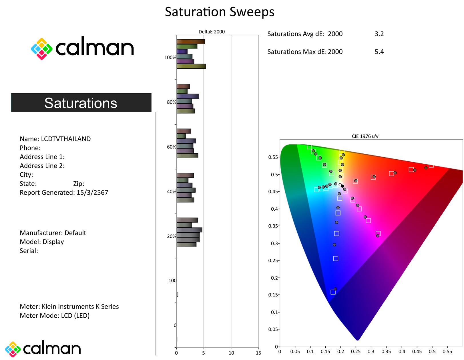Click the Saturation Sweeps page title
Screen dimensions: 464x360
[x=219, y=12]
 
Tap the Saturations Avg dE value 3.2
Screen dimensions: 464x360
[x=379, y=34]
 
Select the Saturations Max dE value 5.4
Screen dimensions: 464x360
[x=379, y=52]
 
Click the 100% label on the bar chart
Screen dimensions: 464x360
[x=170, y=58]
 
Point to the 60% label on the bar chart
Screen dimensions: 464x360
[x=171, y=147]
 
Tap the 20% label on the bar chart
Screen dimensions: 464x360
[x=171, y=236]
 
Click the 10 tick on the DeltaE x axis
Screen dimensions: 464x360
[x=231, y=353]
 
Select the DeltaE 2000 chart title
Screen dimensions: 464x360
[x=211, y=31]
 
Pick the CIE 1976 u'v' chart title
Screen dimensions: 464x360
[x=365, y=136]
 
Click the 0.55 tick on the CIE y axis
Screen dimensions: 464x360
[x=273, y=157]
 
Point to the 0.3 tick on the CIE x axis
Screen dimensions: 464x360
[x=371, y=351]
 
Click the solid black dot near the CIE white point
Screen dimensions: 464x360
[x=342, y=186]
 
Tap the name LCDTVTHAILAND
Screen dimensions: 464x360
[x=66, y=139]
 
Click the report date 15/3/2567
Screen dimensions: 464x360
[x=92, y=193]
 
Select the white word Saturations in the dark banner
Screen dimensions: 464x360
[x=81, y=103]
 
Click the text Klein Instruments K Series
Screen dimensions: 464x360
[x=80, y=306]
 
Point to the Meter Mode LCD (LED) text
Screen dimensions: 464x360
[x=55, y=316]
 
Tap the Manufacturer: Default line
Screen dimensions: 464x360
[x=53, y=233]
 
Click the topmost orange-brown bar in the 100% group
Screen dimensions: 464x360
[x=190, y=42]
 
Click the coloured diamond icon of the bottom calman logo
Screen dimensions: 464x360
[x=13, y=349]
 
